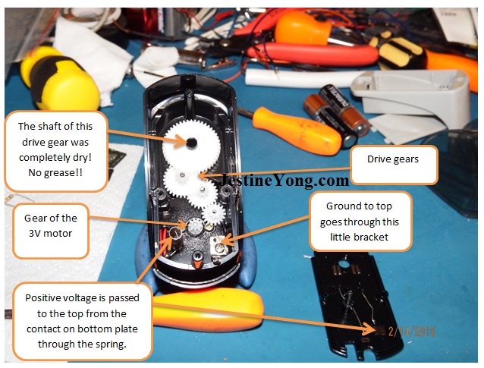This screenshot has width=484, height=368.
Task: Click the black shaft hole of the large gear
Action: (191, 143)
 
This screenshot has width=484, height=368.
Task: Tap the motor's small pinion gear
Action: (195, 227)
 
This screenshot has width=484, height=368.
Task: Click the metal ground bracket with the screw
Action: (219, 246)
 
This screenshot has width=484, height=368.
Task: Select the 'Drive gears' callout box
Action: (394, 165)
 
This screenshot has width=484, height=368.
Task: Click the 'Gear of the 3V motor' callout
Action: (51, 231)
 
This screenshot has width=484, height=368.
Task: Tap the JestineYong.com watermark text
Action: (284, 180)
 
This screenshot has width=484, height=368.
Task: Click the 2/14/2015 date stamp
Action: (412, 332)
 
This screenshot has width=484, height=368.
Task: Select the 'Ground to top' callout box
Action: (360, 222)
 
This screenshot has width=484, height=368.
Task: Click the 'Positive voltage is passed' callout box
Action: (83, 321)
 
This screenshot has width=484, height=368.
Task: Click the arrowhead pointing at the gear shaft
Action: (182, 141)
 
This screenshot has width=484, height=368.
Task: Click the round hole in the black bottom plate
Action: (343, 264)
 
